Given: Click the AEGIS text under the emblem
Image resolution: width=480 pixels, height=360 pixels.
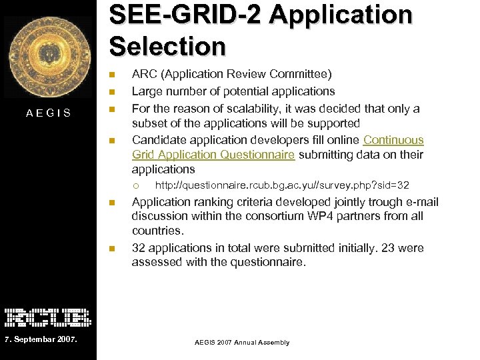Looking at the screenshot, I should [49, 113].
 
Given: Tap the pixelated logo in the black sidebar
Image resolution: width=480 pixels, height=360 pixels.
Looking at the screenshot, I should [48, 317].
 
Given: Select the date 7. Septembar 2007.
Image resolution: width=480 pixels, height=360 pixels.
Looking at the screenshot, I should [41, 341].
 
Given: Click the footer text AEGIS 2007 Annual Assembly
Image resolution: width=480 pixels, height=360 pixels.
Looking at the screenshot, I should [242, 343].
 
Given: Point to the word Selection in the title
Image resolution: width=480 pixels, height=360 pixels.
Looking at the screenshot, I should [167, 47].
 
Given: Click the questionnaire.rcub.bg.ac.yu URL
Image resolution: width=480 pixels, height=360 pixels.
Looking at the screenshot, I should [282, 185].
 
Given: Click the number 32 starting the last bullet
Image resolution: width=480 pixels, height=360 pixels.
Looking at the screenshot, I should [139, 248].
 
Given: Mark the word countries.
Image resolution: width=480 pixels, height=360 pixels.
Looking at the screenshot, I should [157, 231].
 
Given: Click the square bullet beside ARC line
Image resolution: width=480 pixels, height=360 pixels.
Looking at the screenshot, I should [113, 74].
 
